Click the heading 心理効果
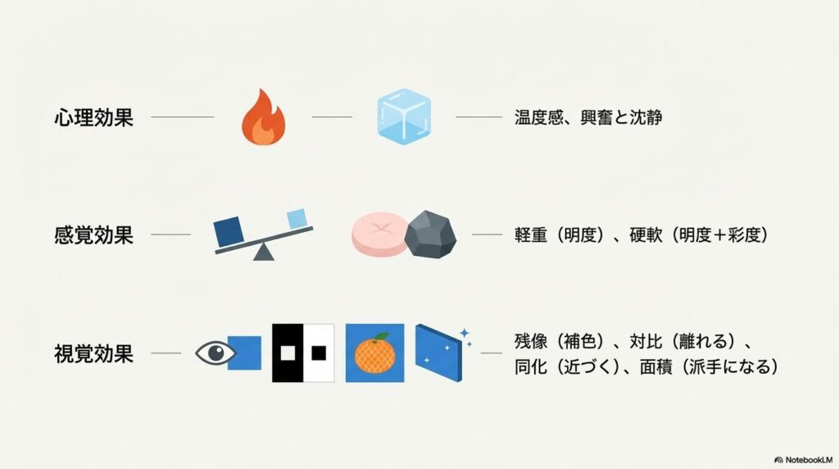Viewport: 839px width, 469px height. (x=90, y=117)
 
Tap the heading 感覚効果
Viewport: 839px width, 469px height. (x=90, y=235)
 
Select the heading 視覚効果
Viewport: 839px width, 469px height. (x=90, y=353)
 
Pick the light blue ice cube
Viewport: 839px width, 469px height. (x=402, y=117)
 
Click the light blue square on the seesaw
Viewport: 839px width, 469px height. (x=297, y=218)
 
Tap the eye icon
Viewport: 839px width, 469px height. (x=215, y=353)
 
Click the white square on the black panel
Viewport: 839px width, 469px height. (x=287, y=353)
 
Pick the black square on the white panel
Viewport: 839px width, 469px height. (x=319, y=353)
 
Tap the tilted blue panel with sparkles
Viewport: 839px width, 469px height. (x=438, y=355)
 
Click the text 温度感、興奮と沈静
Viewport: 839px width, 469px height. (x=587, y=117)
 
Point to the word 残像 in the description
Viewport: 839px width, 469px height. (x=531, y=340)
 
